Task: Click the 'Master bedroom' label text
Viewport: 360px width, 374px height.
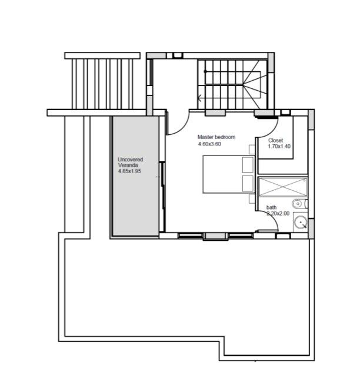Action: click(216, 137)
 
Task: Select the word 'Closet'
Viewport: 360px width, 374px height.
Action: click(276, 141)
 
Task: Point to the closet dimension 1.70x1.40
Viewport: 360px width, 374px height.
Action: click(279, 147)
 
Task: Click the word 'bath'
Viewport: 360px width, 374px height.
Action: click(271, 207)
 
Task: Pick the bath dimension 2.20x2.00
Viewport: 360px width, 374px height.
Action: click(278, 214)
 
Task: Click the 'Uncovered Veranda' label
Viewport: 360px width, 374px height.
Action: click(130, 163)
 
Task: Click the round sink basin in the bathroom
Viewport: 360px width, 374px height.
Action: click(300, 223)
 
